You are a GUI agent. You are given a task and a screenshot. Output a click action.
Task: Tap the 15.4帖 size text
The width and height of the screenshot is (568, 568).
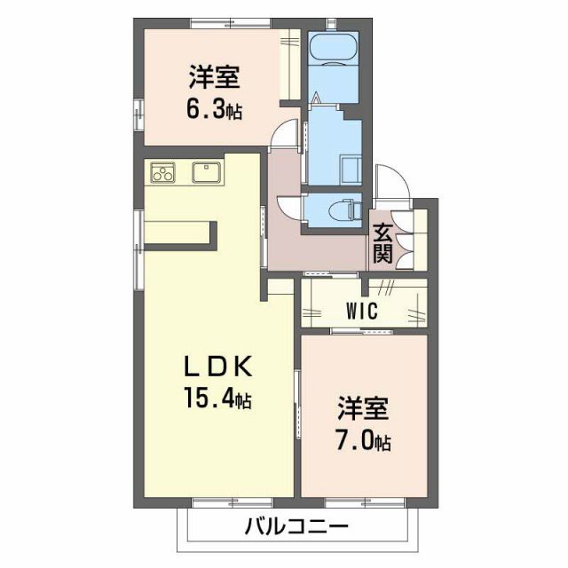(x=218, y=399)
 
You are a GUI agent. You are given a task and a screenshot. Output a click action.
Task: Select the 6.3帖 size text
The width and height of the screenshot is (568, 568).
(x=214, y=111)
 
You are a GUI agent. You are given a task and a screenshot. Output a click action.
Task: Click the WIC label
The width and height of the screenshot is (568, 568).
(x=361, y=311)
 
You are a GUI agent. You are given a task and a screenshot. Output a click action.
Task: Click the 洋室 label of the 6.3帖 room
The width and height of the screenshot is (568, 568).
(x=214, y=78)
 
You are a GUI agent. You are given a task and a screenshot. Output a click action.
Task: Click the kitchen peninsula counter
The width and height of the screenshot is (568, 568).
(x=177, y=232)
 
